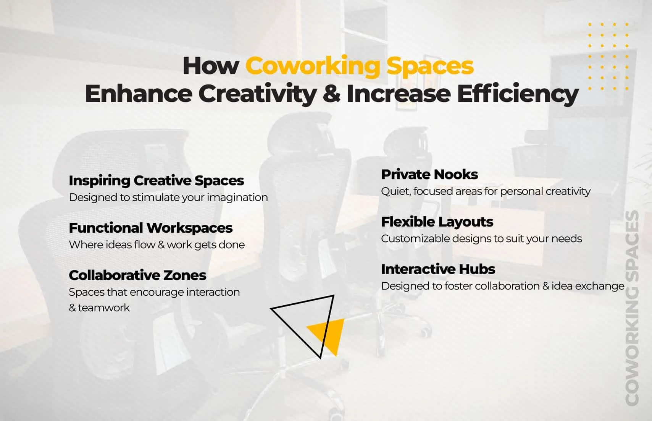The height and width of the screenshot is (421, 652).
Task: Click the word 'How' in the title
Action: (x=211, y=66)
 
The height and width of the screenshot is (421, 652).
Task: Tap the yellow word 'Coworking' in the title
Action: (x=313, y=66)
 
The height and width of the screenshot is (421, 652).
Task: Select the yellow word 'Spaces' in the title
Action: (x=430, y=66)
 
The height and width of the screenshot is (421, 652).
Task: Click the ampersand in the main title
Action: (x=331, y=94)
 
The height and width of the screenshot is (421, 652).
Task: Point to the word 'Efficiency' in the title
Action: (x=518, y=94)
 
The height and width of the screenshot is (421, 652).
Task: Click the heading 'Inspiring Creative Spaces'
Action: (x=156, y=180)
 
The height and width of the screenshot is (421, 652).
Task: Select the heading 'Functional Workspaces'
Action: (x=150, y=228)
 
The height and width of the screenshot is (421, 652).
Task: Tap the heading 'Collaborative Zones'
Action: (x=137, y=275)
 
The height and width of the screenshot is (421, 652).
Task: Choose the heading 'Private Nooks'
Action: (x=429, y=174)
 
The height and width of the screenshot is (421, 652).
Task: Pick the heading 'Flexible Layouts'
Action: (x=437, y=222)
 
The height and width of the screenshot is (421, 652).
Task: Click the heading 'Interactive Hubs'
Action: (x=438, y=269)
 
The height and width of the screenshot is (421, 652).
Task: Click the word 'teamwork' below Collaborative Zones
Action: (x=104, y=308)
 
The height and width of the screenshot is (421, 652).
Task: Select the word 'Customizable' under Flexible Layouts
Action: (x=415, y=239)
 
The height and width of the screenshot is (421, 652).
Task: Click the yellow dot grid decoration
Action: (x=608, y=56)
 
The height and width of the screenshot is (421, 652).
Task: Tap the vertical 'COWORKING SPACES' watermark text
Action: (x=632, y=308)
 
